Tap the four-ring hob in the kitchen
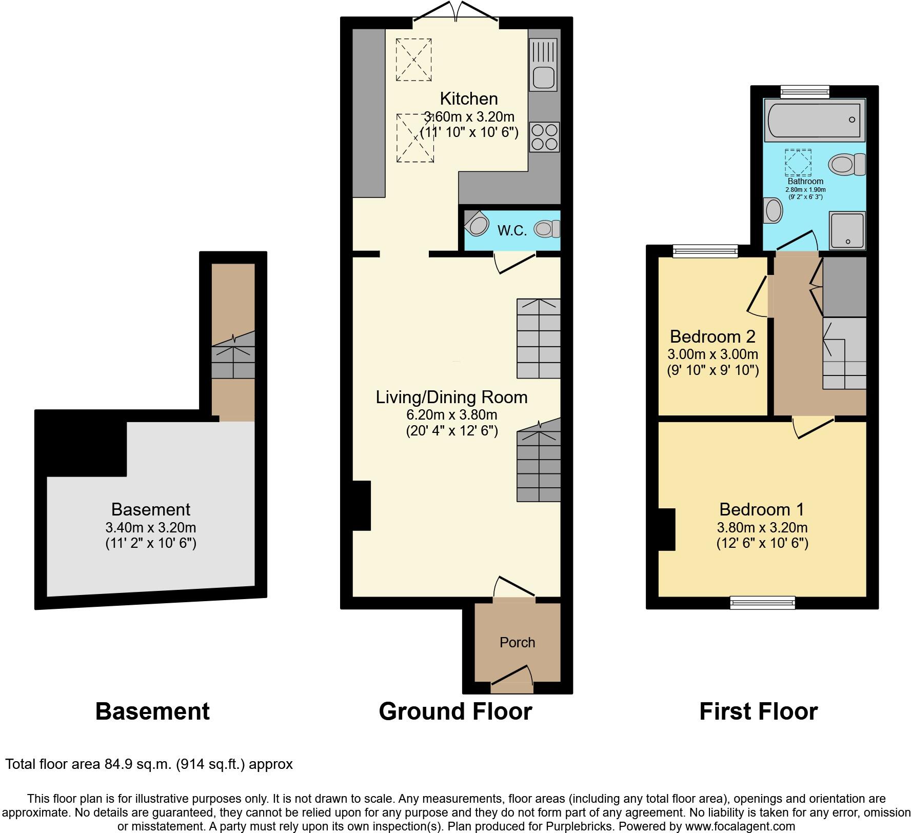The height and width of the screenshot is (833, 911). click(x=544, y=137)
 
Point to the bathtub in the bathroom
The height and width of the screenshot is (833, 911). click(x=815, y=120)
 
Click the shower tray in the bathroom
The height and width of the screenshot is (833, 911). click(x=847, y=230)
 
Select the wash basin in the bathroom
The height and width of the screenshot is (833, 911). click(x=773, y=211)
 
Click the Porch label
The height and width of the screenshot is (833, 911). click(x=517, y=642)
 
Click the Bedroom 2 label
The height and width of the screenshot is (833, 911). click(x=712, y=336)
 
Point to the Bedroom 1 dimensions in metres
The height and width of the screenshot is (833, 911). click(x=762, y=527)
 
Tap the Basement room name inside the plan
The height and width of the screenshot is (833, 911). click(x=150, y=509)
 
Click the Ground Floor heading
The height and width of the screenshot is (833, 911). click(x=455, y=711)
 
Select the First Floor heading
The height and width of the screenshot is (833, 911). click(x=758, y=711)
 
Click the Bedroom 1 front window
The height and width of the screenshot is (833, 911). click(x=762, y=603)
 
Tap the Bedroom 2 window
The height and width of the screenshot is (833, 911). click(x=705, y=250)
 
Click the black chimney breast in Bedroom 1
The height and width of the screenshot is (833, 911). click(x=666, y=529)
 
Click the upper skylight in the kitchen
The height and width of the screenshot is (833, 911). click(x=413, y=60)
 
